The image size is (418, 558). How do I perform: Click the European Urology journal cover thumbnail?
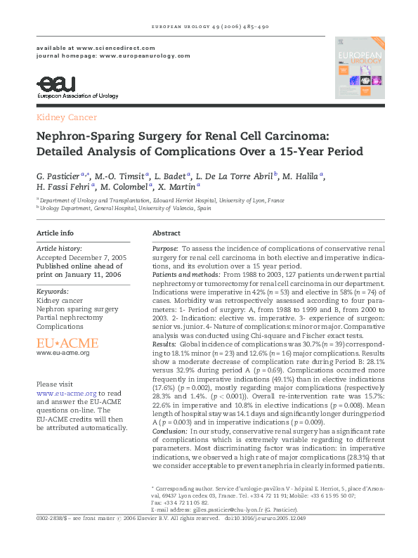click(x=358, y=67)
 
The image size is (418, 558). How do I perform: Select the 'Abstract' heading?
click(x=166, y=233)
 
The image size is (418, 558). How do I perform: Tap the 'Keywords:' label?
click(x=52, y=290)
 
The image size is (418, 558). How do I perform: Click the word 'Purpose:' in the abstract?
click(x=166, y=249)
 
